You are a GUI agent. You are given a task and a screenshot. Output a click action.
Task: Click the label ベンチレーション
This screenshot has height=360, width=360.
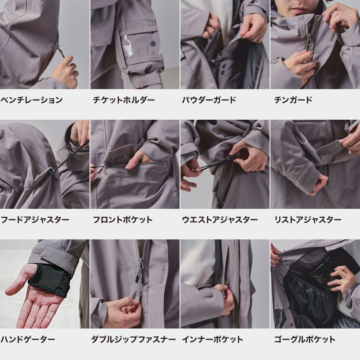[31, 100]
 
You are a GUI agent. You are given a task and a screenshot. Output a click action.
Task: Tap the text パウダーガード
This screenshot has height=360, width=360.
[209, 100]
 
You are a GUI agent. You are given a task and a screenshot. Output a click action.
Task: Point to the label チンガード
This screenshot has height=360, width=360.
[293, 100]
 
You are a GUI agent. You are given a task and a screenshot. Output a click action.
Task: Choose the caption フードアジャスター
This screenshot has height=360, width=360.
[35, 220]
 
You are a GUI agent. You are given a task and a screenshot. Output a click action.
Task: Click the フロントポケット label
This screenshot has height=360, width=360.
[122, 220]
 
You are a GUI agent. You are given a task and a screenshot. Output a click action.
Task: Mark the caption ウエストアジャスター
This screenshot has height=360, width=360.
[220, 220]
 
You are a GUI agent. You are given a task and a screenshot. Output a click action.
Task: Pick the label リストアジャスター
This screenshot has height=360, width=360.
[308, 220]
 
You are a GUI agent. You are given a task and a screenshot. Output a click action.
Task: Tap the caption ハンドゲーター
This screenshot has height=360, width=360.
[28, 339]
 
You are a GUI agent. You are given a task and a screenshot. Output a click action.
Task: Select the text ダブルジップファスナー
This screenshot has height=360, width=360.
[133, 339]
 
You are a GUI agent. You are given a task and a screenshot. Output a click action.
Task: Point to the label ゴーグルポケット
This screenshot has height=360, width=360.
[305, 339]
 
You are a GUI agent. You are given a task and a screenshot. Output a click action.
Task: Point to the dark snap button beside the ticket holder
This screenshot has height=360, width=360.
[153, 44]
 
